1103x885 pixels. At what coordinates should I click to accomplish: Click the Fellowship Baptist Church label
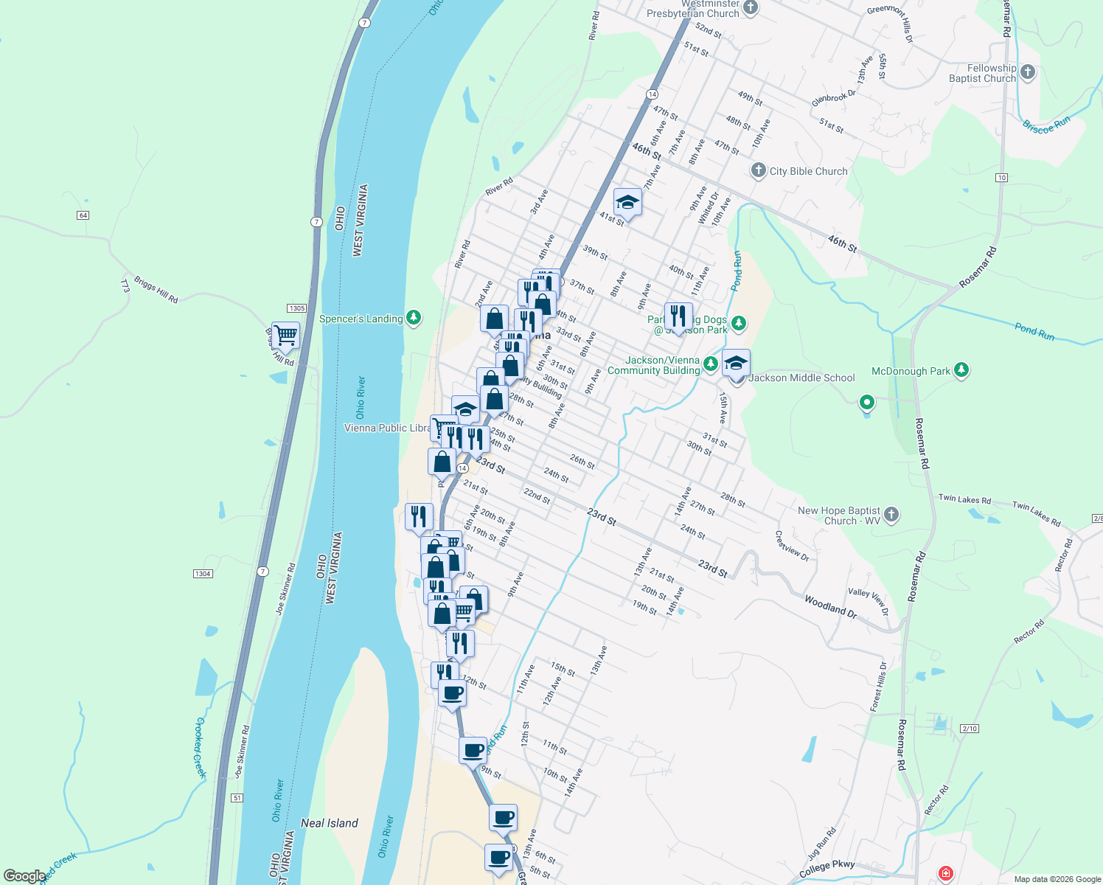(982, 73)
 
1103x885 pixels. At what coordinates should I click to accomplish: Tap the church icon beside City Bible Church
(758, 171)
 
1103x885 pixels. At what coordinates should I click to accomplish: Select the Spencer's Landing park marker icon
(414, 318)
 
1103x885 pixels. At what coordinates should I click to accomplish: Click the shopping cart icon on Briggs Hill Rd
(285, 335)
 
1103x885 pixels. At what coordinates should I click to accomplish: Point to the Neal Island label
(330, 823)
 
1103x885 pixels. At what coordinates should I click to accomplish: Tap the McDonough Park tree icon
(961, 370)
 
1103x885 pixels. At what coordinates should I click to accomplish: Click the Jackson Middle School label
(801, 378)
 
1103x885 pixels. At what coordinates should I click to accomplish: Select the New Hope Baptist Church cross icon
(891, 514)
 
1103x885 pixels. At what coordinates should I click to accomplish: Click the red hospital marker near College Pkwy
(945, 873)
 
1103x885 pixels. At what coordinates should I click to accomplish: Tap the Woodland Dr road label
(831, 606)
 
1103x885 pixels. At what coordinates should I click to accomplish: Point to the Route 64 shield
(83, 215)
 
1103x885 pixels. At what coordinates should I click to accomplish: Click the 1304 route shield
(203, 574)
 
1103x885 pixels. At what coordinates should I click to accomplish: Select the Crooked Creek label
(200, 747)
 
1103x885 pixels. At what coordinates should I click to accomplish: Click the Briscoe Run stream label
(1046, 125)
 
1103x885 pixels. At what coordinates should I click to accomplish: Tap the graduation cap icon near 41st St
(627, 201)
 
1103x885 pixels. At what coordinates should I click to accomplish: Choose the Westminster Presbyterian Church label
(693, 9)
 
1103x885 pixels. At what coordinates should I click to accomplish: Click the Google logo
(24, 876)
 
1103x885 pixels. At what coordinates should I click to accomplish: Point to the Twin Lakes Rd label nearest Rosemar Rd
(964, 499)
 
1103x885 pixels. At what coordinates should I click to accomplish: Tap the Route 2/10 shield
(970, 729)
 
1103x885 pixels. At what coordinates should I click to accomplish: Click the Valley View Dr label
(869, 601)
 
